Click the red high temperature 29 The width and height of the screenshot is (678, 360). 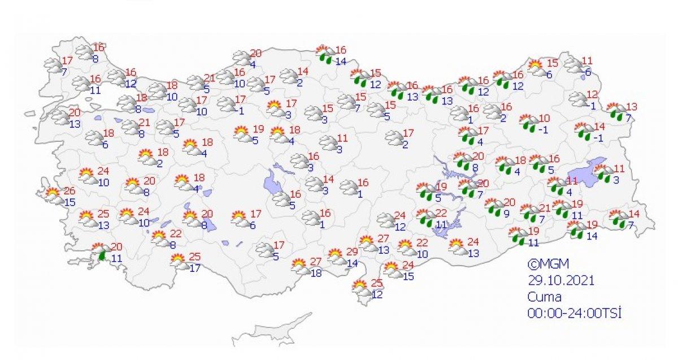click(x=352, y=251)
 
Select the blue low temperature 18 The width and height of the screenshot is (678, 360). click(x=317, y=273)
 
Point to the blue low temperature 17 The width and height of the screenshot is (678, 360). click(x=195, y=268)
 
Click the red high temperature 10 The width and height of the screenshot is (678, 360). click(x=544, y=118)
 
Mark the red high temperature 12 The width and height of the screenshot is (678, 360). click(x=592, y=94)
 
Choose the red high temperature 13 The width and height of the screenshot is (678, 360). click(x=631, y=106)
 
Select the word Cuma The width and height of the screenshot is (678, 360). click(x=545, y=297)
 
